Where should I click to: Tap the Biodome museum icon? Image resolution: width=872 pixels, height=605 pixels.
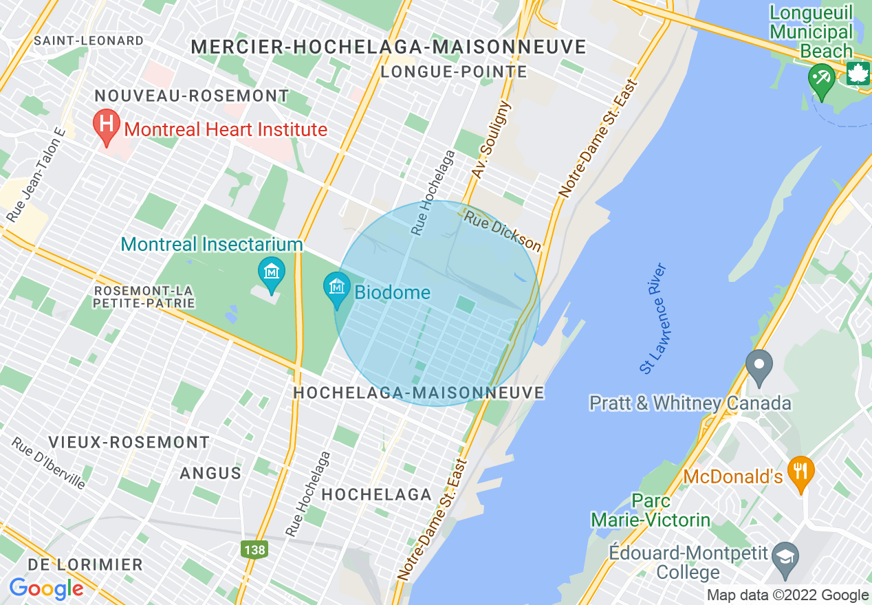(337, 288)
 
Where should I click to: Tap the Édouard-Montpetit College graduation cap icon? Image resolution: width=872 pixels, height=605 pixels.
(784, 554)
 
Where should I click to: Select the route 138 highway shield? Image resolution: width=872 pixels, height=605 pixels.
(254, 550)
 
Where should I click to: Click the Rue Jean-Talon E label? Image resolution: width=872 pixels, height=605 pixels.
(35, 175)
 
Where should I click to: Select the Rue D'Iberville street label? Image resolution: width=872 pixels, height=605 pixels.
(48, 463)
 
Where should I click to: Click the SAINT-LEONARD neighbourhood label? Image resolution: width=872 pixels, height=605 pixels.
(89, 41)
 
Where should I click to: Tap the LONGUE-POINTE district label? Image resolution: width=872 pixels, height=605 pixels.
(455, 71)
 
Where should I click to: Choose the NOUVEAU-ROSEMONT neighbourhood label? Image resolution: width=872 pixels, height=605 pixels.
(192, 96)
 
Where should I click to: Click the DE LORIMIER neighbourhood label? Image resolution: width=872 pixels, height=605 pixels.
(85, 565)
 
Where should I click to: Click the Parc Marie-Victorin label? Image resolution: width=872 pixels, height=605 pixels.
(651, 510)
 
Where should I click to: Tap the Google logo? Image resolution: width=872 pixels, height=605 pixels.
(46, 588)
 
